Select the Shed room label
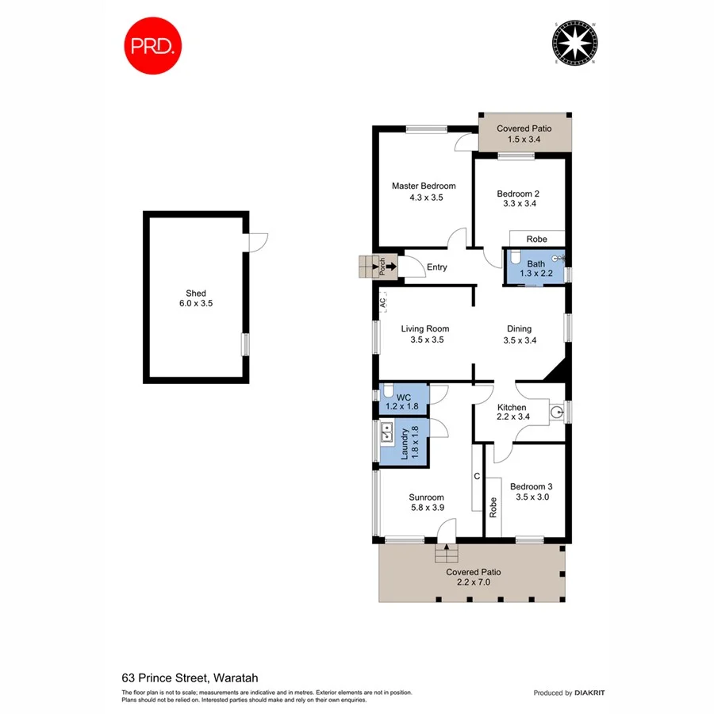pos(196,293)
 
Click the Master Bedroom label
pos(424,186)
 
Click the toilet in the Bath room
pos(514,258)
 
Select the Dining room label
pos(520,328)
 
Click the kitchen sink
pos(556,412)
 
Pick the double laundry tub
pos(388,433)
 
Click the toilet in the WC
pos(387,391)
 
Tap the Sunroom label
pos(426,497)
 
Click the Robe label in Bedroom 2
pos(536,238)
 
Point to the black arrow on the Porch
pos(390,267)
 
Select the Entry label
pos(437,267)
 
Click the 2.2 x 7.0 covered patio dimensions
pos(473,582)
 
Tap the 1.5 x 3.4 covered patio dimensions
pos(524,139)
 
